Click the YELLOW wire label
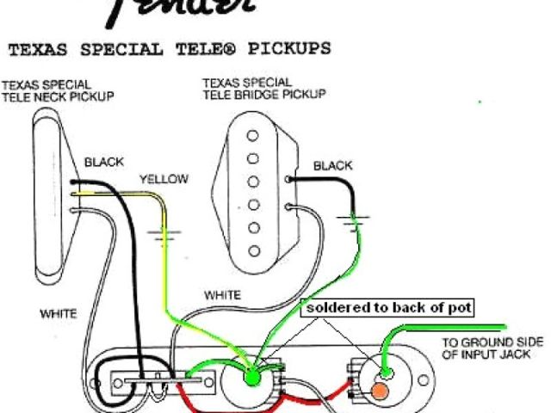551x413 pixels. click(164, 180)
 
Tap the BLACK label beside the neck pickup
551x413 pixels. click(103, 162)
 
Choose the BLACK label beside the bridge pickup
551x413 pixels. click(332, 165)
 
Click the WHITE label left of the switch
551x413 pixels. click(58, 314)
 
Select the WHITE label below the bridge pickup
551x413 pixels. click(222, 295)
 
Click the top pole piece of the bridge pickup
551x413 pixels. click(252, 135)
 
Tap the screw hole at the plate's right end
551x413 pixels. click(423, 379)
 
